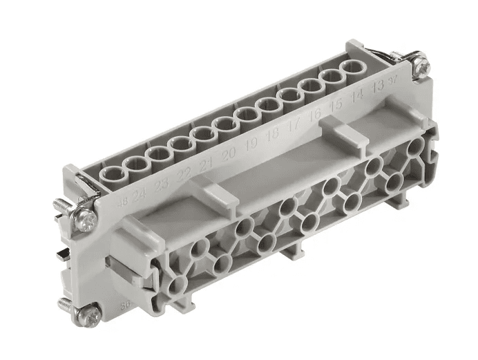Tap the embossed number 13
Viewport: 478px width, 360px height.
378,88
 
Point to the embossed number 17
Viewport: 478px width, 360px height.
294,126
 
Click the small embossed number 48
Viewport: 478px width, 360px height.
122,201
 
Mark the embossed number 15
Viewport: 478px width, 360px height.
336,106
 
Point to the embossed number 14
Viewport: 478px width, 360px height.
357,97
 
